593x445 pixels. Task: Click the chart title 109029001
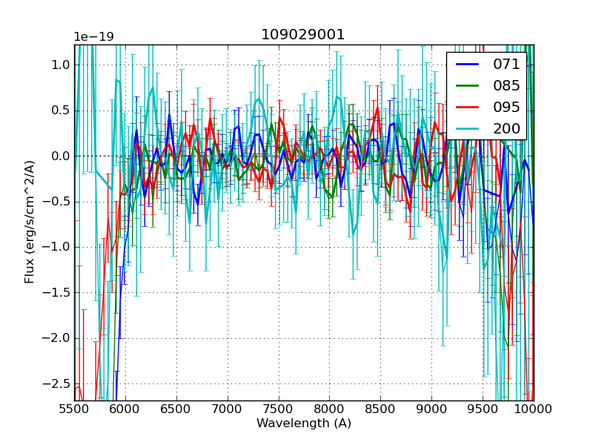coord(303,35)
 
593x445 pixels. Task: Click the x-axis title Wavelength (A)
coord(304,423)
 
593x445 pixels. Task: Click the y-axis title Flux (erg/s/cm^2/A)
coord(30,222)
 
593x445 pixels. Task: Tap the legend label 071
coord(506,65)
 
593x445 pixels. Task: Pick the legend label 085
coord(506,86)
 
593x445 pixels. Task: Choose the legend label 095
coord(506,108)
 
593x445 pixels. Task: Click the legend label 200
coord(506,129)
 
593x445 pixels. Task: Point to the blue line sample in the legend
coord(468,65)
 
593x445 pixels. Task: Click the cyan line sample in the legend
coord(468,129)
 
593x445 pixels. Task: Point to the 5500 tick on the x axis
coord(74,408)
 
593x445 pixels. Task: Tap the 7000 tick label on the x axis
coord(228,408)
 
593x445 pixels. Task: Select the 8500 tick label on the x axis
coord(380,408)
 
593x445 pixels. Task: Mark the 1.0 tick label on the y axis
coord(60,65)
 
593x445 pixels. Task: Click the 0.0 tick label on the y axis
coord(60,156)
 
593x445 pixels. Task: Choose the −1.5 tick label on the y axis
coord(56,293)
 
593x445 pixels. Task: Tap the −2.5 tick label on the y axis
coord(56,383)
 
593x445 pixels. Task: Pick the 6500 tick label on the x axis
coord(176,408)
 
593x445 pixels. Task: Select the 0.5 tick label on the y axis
coord(60,111)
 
